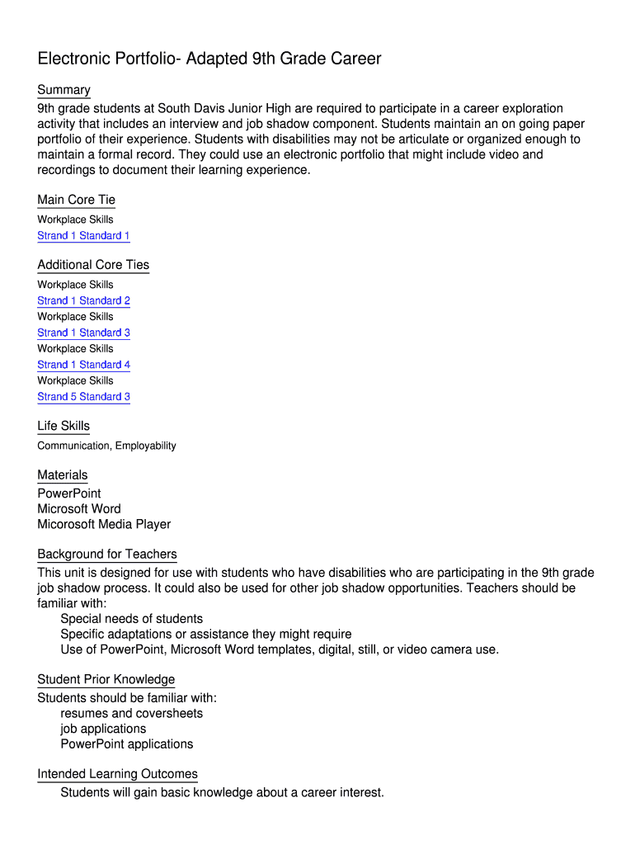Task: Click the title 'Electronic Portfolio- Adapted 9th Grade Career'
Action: point(209,59)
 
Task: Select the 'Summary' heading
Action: point(63,90)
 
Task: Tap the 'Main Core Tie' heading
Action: point(76,200)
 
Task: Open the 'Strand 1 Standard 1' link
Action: point(83,236)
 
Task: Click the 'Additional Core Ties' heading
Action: point(93,265)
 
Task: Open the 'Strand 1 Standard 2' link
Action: point(83,301)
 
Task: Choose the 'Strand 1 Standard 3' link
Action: point(83,333)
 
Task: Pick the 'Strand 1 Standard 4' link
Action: point(83,365)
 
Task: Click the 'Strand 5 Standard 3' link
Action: point(83,397)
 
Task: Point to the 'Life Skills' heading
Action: point(63,426)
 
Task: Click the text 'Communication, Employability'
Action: point(106,446)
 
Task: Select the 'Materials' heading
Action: point(62,474)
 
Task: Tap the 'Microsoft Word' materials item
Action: point(78,509)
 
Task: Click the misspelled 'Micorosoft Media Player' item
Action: point(104,525)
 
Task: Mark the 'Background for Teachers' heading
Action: point(107,554)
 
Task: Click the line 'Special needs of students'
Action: point(131,619)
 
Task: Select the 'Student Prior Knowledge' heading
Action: point(106,679)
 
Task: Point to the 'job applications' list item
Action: point(103,729)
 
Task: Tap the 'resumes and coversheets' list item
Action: point(131,713)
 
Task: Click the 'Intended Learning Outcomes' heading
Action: point(117,774)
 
